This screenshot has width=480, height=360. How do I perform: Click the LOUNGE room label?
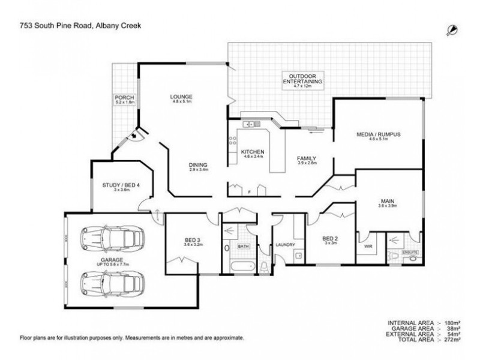point(181,97)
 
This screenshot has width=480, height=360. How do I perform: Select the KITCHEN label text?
point(253,152)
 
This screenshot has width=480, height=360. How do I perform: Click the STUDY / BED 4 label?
point(122,185)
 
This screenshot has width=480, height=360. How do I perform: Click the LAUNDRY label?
point(284,245)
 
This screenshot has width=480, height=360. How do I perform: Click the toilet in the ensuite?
point(394,256)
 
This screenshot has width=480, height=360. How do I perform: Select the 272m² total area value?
point(456,340)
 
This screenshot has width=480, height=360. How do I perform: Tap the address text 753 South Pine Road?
point(58,26)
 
